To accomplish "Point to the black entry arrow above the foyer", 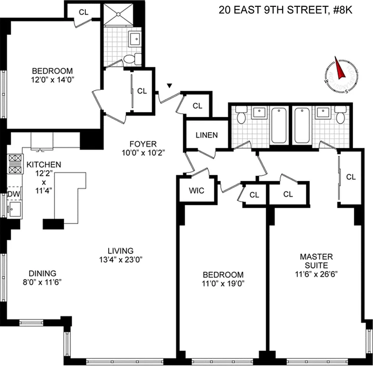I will [170, 86].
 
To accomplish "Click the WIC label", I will [196, 190].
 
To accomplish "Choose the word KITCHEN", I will [43, 165].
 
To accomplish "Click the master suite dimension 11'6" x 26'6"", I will [316, 274].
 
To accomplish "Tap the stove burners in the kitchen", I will [14, 164].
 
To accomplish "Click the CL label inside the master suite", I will [351, 177].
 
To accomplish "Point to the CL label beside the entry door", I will [197, 106].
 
